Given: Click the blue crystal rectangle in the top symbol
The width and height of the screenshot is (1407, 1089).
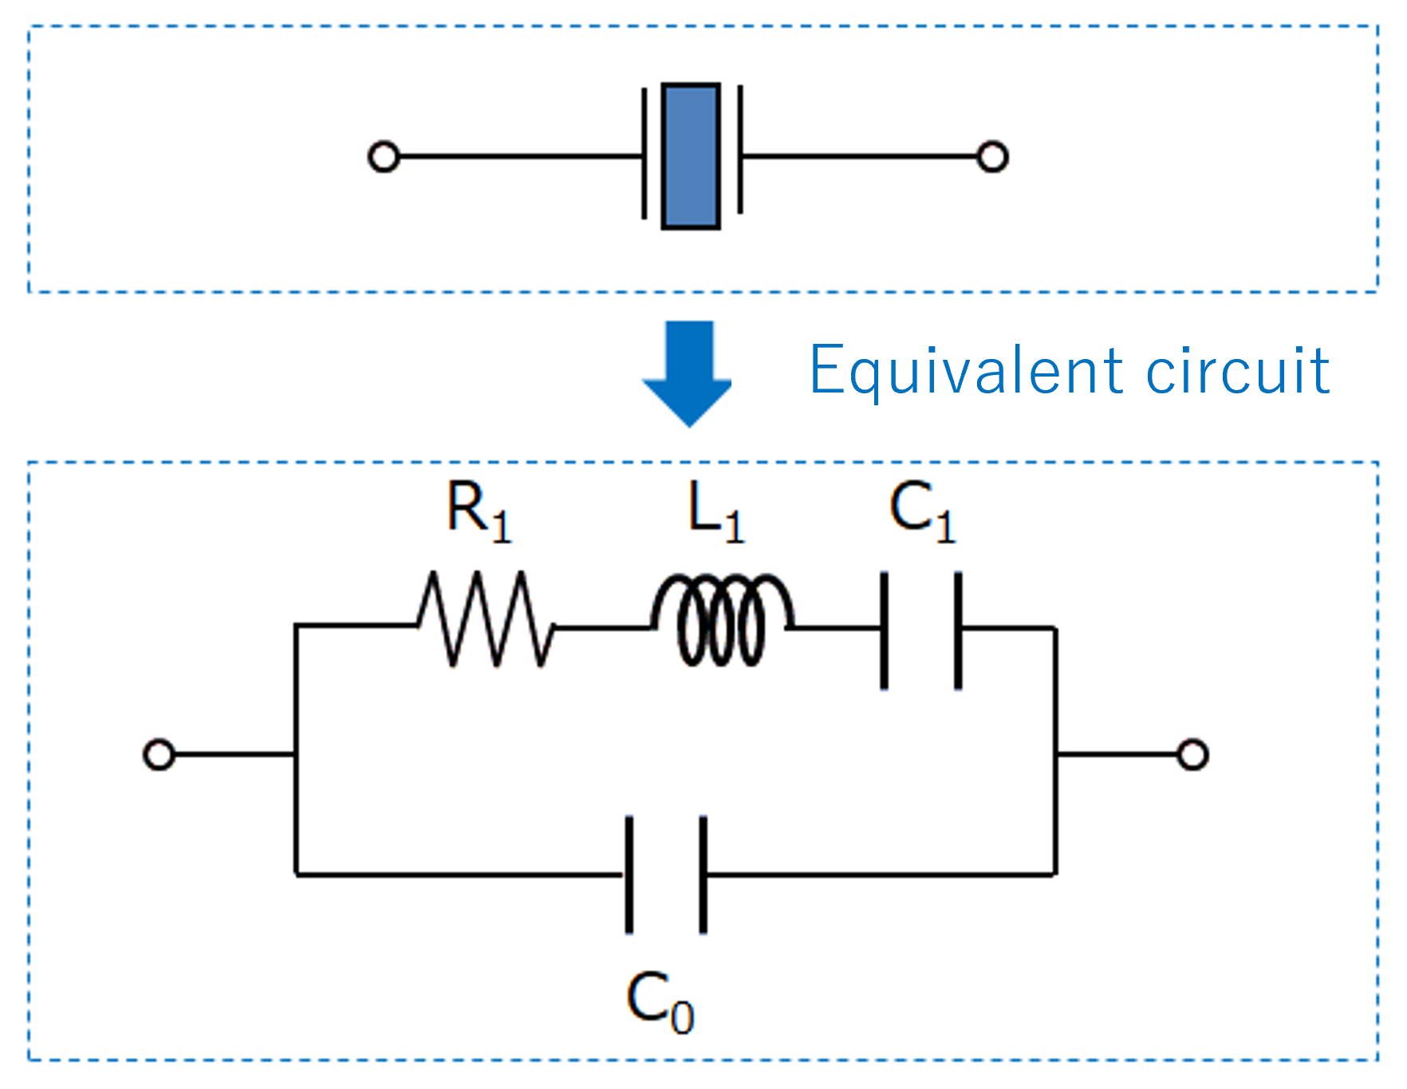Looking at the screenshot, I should pos(691,156).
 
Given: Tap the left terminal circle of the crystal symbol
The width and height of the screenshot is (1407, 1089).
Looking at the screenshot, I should pos(384,156).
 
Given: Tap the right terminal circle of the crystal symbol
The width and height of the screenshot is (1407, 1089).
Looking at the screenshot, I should pos(992,156).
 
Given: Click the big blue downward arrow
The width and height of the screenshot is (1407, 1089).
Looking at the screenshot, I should pos(688,372).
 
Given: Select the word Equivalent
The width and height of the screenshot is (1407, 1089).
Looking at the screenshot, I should pos(966,371).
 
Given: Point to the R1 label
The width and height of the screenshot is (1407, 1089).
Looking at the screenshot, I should pos(478,512).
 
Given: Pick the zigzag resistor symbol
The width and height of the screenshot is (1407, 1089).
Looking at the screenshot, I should pos(485,619).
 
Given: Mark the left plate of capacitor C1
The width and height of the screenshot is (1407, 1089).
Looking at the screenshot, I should pos(884,630).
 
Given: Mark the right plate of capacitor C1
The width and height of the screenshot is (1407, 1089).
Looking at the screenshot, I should pos(958,630).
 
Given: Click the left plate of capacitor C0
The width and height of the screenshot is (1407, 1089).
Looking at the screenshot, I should pos(629,874).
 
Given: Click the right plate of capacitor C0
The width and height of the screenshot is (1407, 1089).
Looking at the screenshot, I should pos(703,874).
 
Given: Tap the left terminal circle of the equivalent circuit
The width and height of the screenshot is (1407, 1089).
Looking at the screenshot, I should pos(159,754).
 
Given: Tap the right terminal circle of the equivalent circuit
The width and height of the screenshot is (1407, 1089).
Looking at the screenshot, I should pos(1192,754).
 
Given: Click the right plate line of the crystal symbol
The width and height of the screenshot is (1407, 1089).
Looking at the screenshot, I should pos(740,152).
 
